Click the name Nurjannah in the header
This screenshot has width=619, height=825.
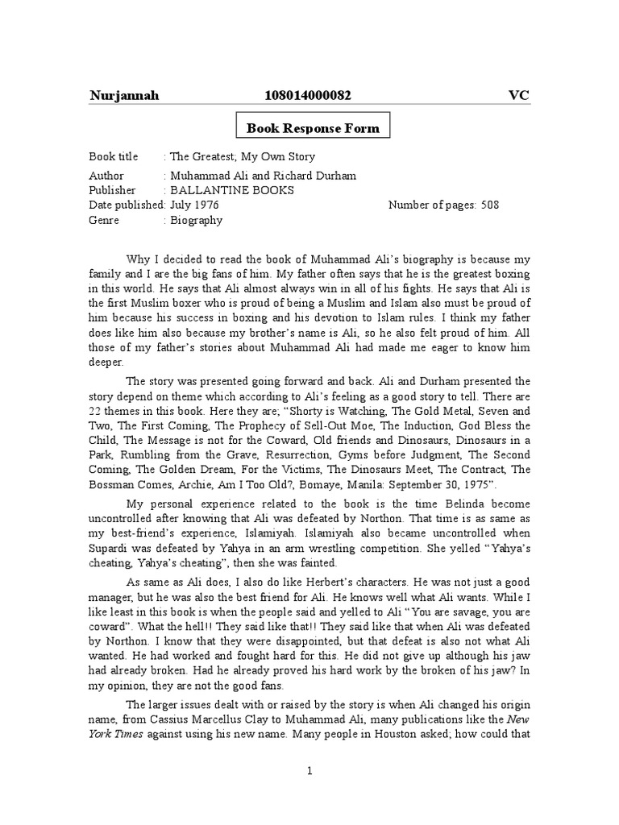click(123, 96)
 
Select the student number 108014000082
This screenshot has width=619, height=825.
click(308, 96)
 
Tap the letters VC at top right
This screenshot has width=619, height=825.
click(518, 96)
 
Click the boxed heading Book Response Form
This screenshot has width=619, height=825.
click(313, 128)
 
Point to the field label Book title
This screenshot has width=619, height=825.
click(114, 156)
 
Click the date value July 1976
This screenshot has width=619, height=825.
click(195, 205)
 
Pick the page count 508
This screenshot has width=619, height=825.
click(490, 205)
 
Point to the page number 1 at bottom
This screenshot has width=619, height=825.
click(309, 771)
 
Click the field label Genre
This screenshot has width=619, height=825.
click(105, 220)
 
